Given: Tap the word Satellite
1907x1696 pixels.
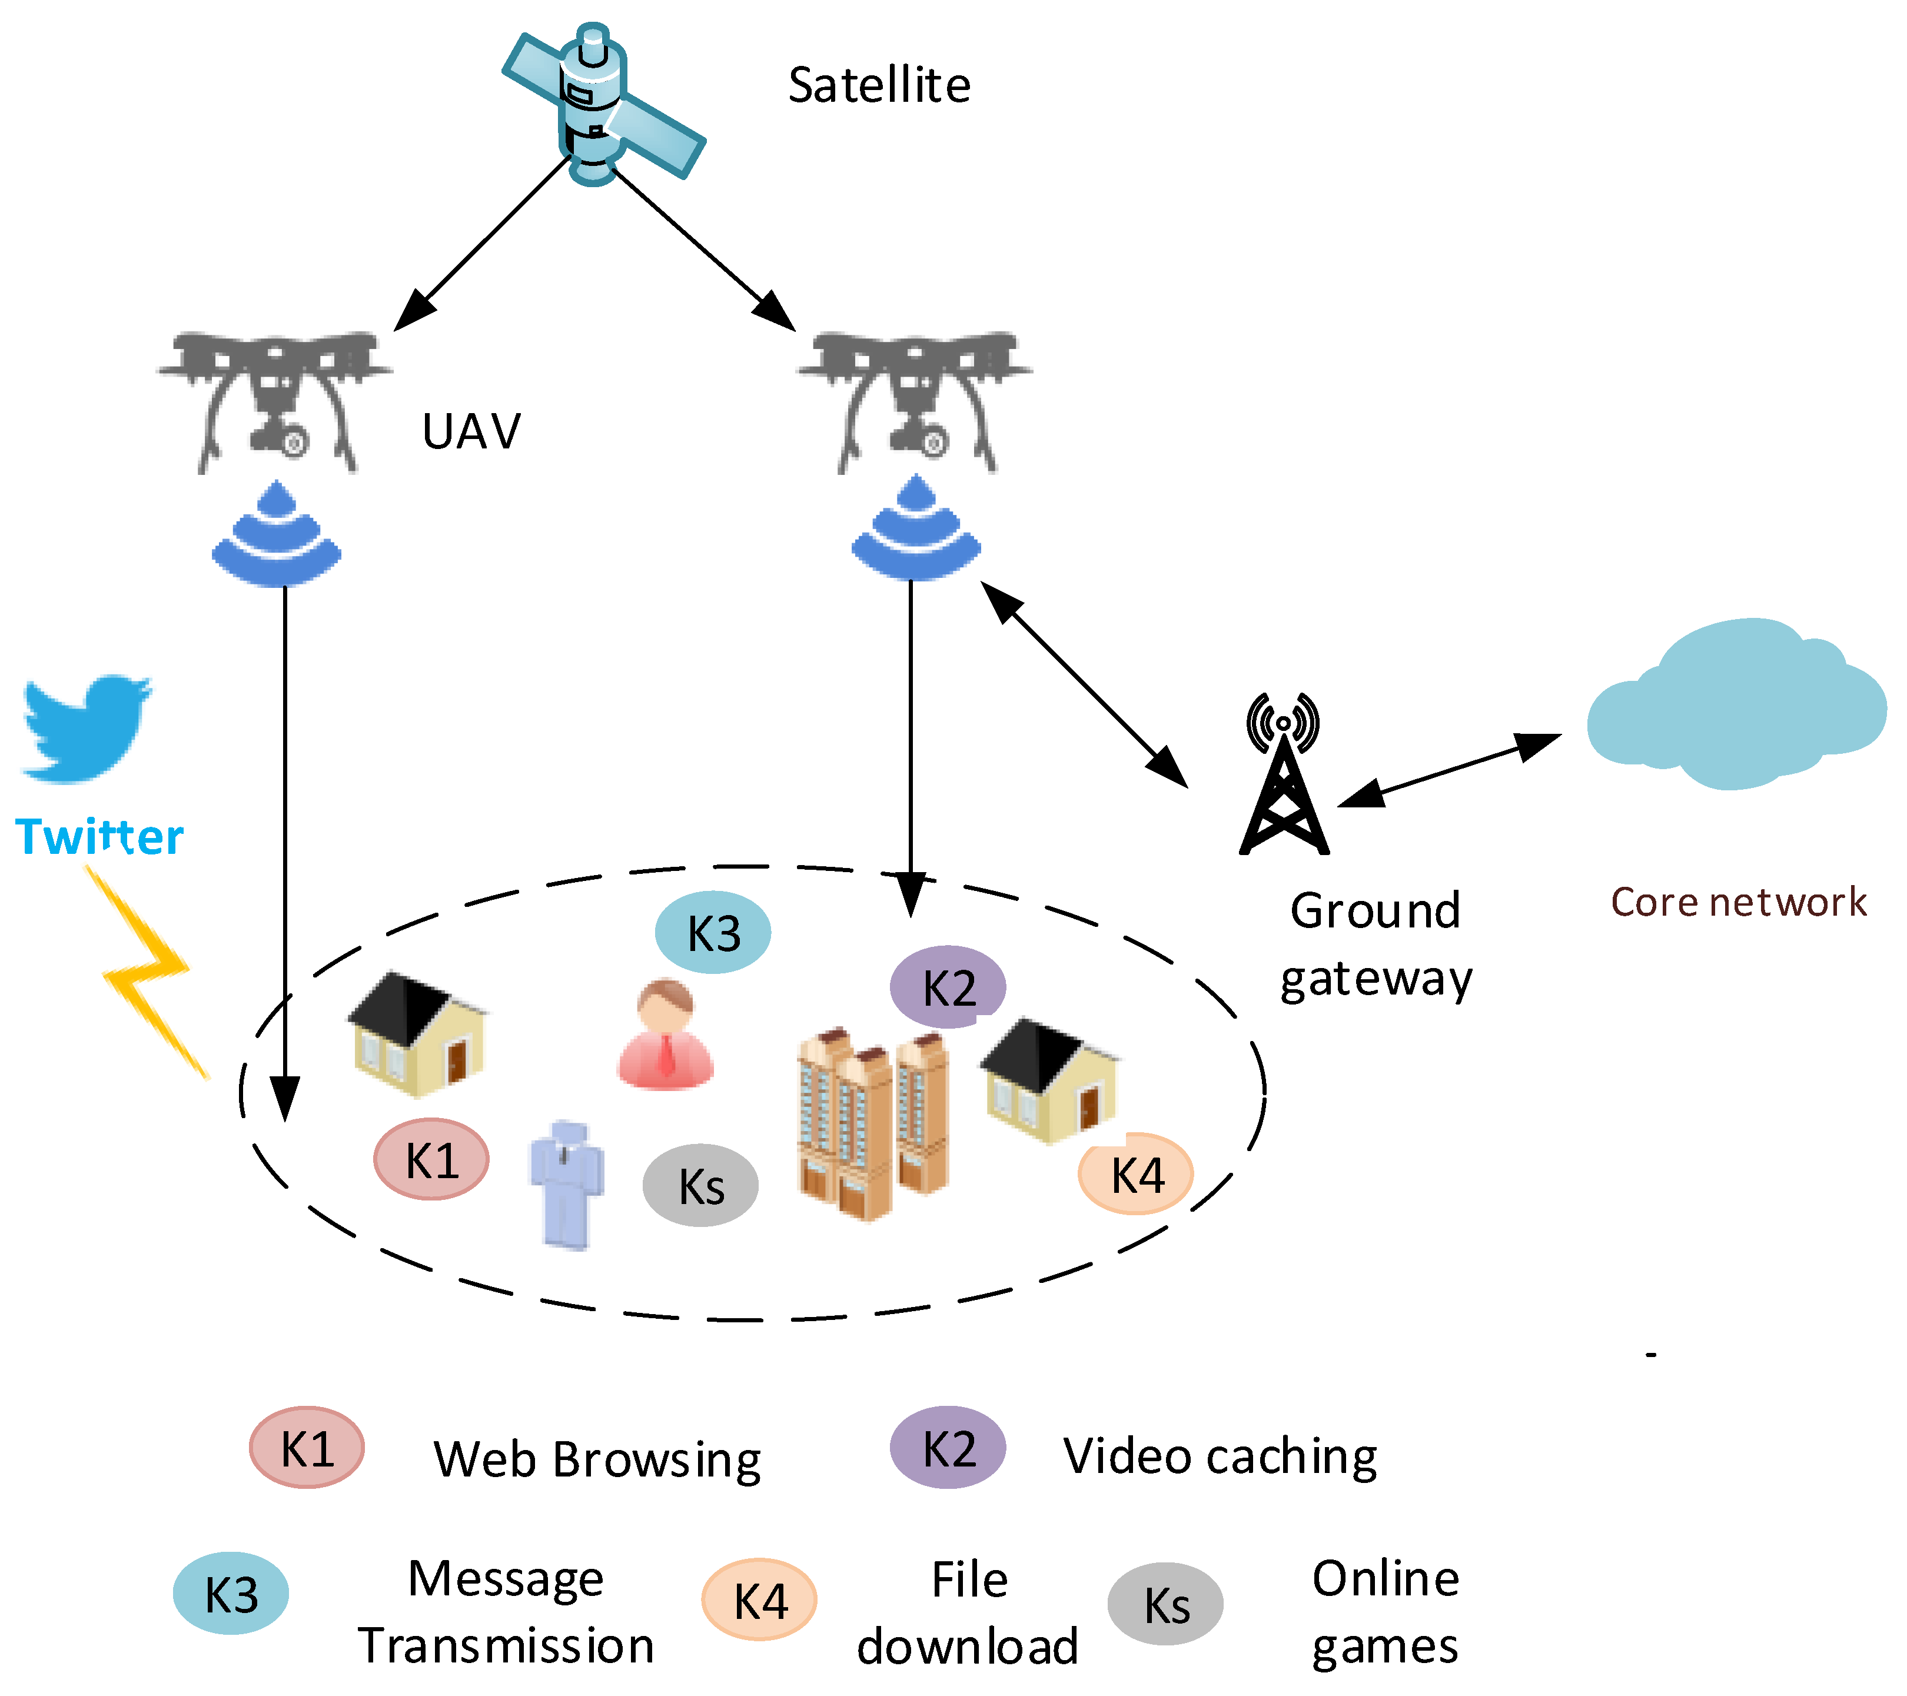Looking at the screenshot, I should click(x=879, y=86).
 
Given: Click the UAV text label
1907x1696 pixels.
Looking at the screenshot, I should click(x=471, y=432).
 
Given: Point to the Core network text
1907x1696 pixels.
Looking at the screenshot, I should click(x=1738, y=902).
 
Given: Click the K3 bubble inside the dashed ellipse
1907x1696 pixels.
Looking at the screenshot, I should click(x=713, y=933).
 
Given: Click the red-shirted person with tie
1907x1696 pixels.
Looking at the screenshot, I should click(x=665, y=1036).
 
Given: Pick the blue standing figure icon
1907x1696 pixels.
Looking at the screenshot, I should click(x=566, y=1185).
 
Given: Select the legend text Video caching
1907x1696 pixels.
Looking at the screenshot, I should click(x=1220, y=1455).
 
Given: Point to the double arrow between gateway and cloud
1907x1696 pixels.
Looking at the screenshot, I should click(x=1449, y=770).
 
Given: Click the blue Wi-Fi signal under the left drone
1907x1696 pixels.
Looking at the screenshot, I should click(x=276, y=537).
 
